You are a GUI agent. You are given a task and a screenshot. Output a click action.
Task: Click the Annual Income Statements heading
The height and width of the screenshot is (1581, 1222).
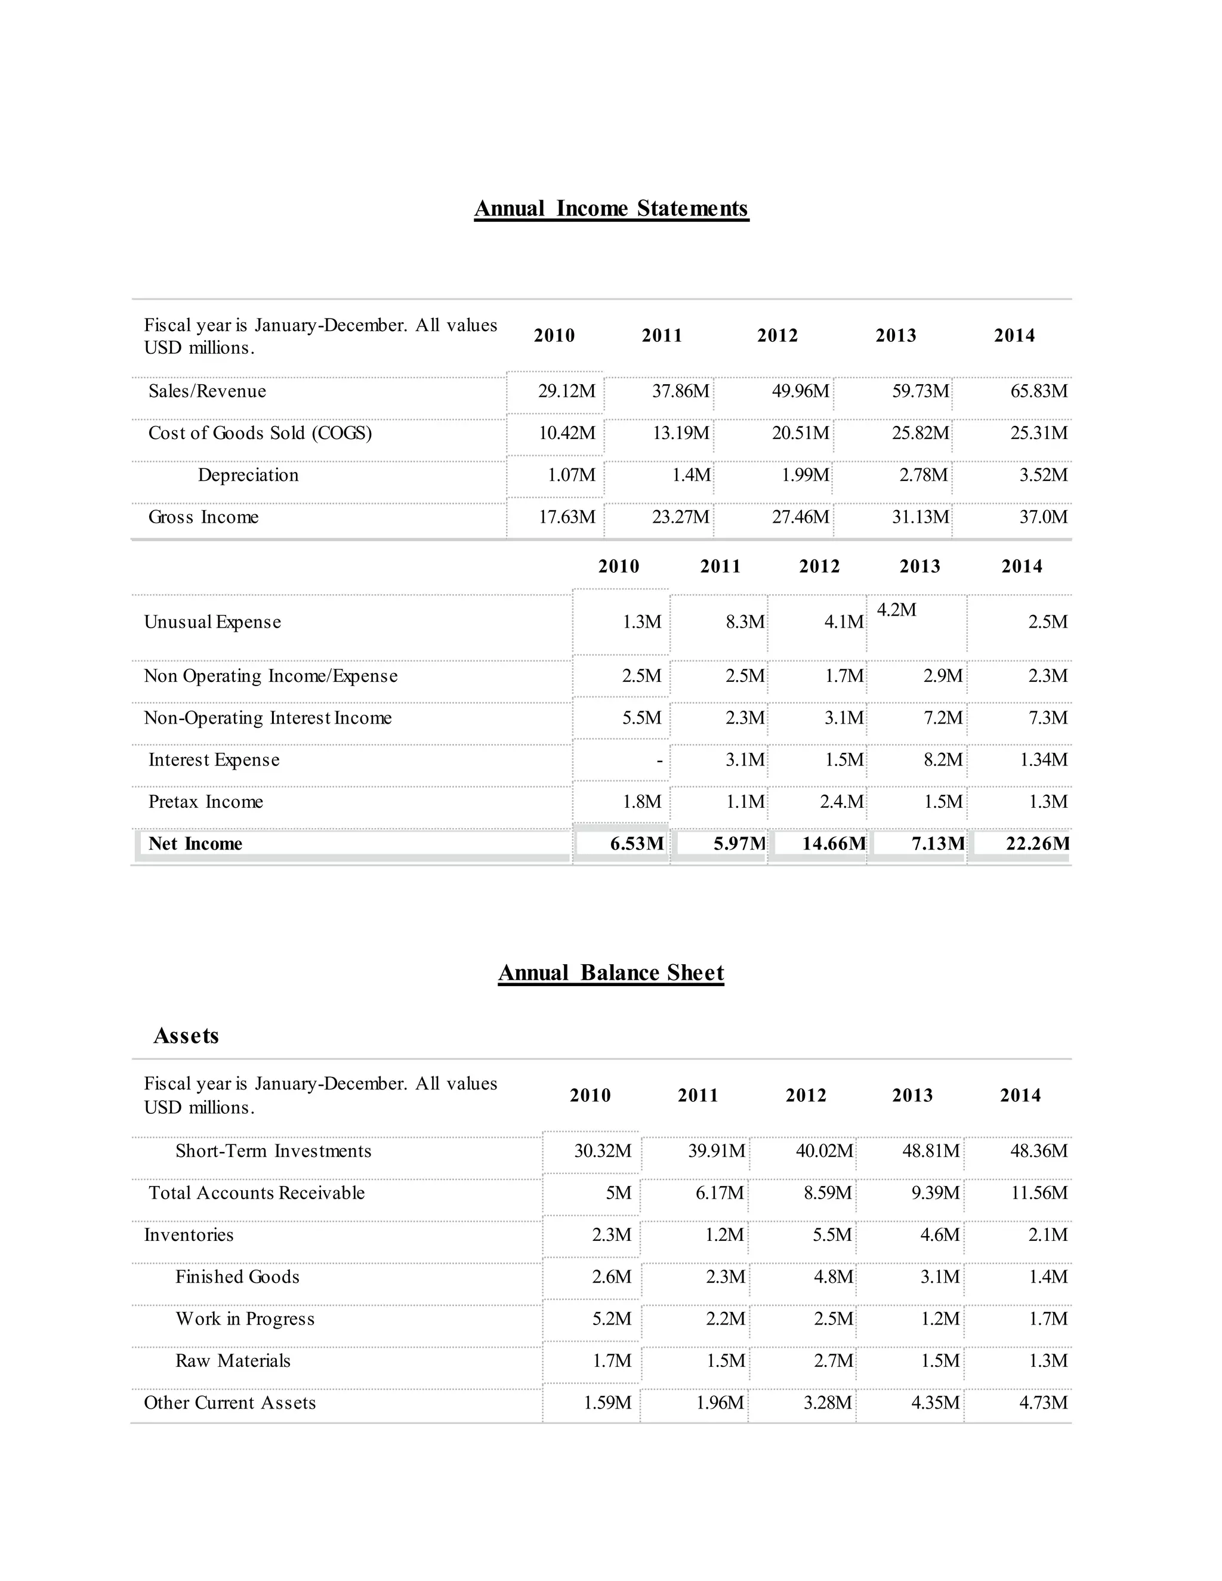click(611, 208)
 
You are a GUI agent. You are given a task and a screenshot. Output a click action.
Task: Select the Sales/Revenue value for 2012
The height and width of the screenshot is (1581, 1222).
click(800, 391)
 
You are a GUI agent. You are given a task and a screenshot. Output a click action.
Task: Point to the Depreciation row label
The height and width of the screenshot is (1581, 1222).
click(248, 475)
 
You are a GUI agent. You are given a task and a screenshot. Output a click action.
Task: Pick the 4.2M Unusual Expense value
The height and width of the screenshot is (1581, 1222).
click(896, 610)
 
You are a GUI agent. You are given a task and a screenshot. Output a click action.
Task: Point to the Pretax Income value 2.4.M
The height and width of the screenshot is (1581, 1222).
click(841, 802)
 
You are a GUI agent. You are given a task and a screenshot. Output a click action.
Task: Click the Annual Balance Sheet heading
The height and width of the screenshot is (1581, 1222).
click(610, 973)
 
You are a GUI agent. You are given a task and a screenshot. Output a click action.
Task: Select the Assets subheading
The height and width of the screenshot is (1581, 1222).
click(186, 1036)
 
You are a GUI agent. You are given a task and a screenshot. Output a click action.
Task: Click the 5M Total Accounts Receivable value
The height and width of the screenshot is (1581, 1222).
click(618, 1193)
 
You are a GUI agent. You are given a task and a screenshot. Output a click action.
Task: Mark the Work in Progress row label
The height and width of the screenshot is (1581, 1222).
click(245, 1319)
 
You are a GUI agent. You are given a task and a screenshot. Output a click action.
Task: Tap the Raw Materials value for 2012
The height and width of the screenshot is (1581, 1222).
click(833, 1361)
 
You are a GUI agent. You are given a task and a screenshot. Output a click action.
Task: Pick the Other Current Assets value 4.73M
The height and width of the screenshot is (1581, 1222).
click(1042, 1403)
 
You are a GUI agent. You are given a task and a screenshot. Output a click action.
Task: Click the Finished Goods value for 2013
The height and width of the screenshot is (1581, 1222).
click(940, 1277)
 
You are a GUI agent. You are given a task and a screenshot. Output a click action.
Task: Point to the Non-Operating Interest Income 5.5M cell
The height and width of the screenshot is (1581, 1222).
click(641, 718)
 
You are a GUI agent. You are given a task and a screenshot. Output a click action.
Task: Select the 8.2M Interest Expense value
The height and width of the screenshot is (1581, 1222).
click(943, 760)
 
